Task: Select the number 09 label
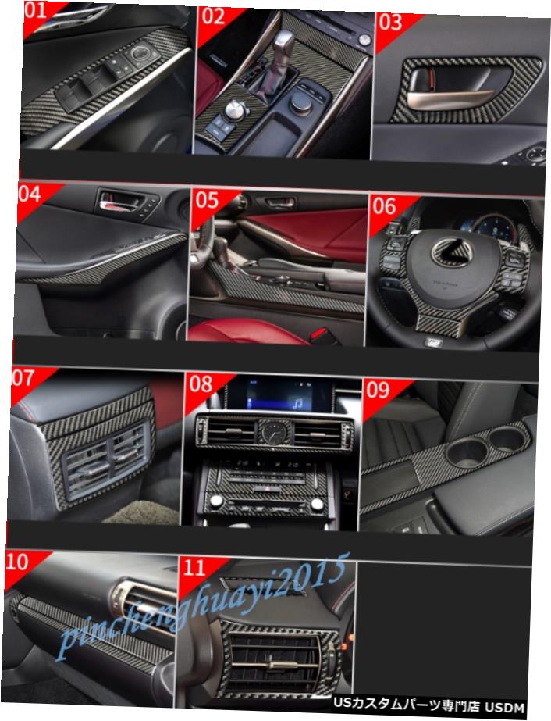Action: tap(378, 388)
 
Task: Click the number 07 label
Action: tap(23, 380)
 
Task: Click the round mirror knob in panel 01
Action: tap(141, 54)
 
